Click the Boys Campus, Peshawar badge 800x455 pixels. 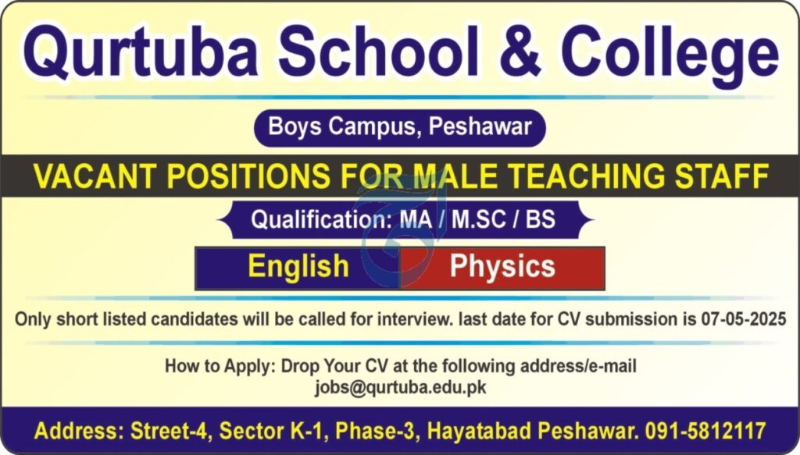[399, 127]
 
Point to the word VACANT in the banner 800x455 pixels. [95, 176]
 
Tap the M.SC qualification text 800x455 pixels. [479, 219]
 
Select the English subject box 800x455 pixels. [298, 268]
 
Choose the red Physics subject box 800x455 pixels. [502, 268]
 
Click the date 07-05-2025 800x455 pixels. [743, 319]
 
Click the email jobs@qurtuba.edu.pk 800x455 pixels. [401, 388]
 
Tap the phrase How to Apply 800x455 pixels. [220, 366]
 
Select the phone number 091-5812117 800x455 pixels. [705, 431]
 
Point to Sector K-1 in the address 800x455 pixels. [273, 431]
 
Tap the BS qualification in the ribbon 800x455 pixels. [541, 219]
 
